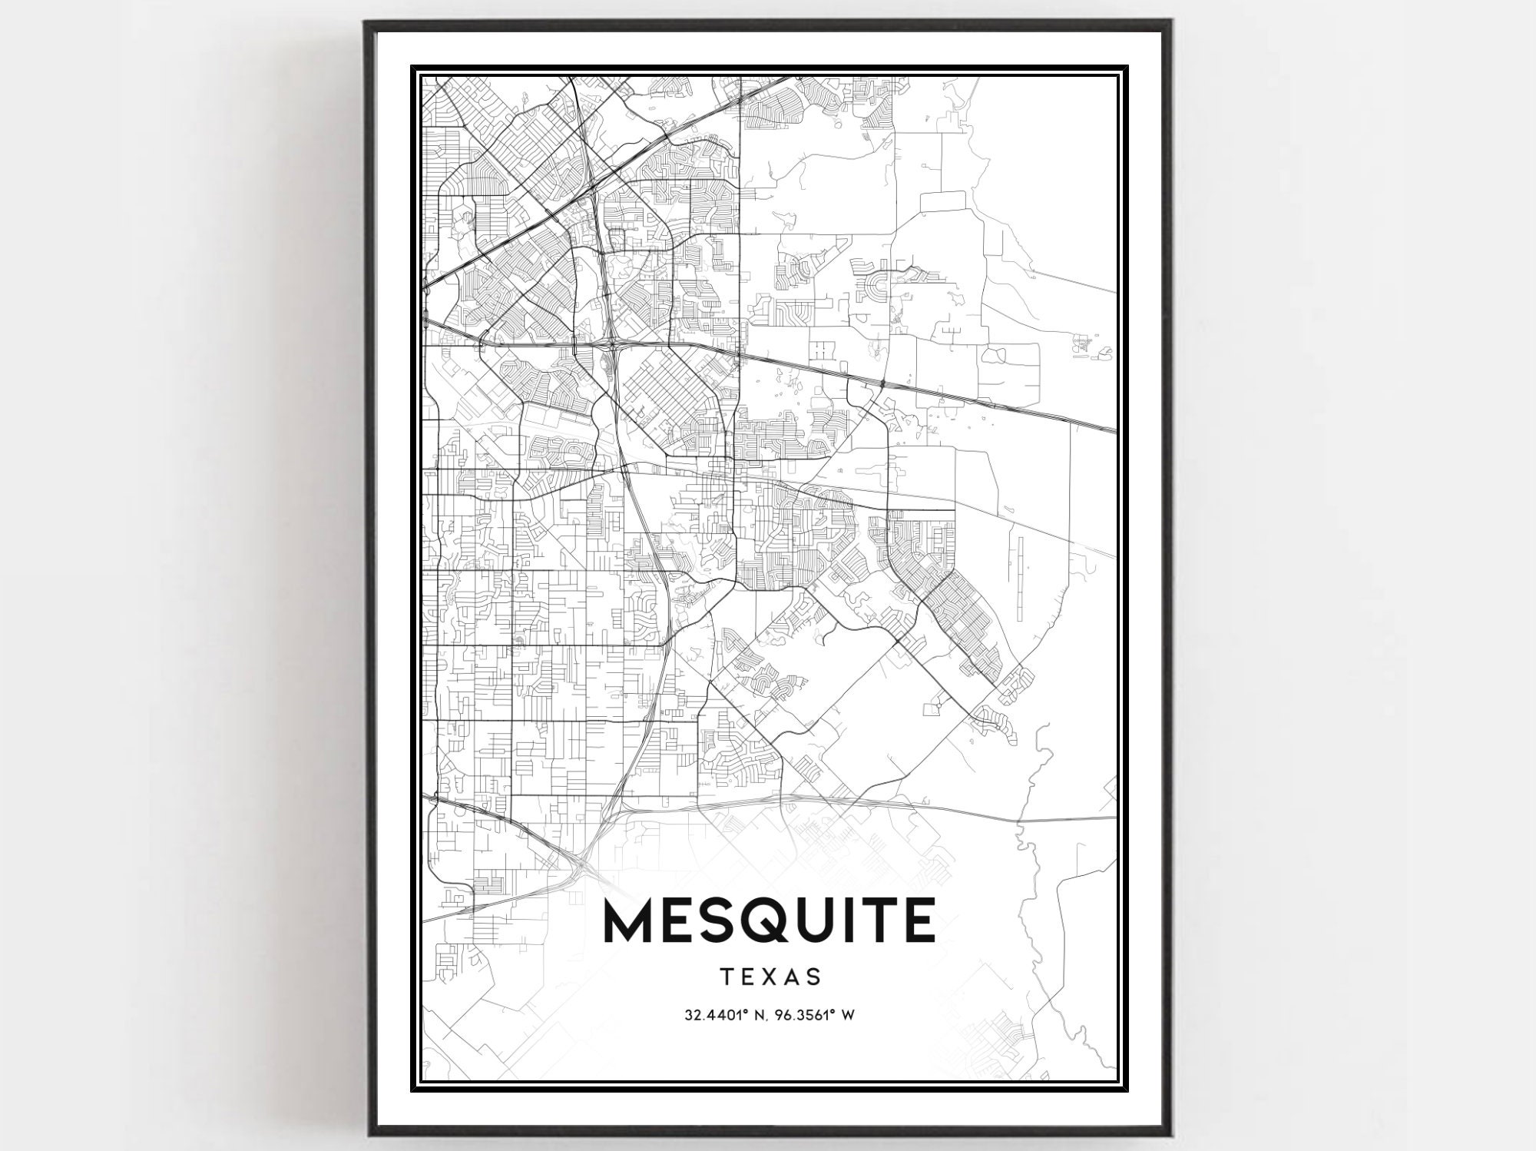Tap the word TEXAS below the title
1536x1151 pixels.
pyautogui.click(x=771, y=977)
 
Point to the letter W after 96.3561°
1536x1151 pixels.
pyautogui.click(x=849, y=1015)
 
